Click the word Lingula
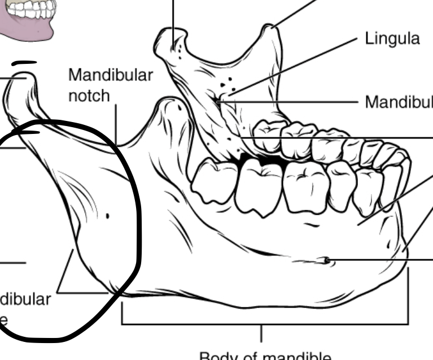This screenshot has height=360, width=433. point(392,39)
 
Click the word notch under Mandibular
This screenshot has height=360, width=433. point(89,96)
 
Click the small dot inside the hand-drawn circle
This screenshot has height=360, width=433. point(108,215)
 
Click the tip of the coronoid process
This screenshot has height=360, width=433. point(273,26)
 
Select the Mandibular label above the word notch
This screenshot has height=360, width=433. point(110,75)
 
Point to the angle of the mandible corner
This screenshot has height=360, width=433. point(116,291)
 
